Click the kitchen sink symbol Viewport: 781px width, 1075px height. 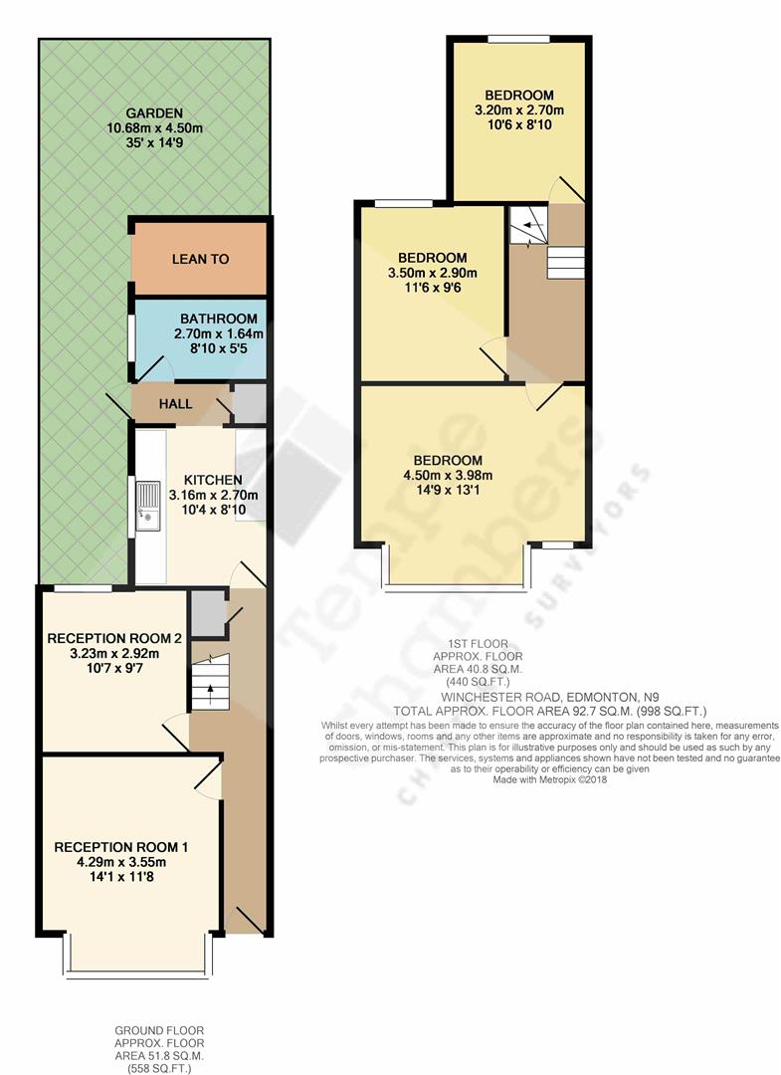tap(148, 503)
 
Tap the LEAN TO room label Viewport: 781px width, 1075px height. tap(200, 259)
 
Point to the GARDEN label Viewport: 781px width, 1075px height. tap(154, 112)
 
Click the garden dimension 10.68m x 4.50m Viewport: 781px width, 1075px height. tap(154, 127)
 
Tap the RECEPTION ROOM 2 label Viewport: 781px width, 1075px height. tap(114, 638)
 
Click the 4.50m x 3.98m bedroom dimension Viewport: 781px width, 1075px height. tap(448, 475)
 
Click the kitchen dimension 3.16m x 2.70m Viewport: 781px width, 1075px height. tap(213, 495)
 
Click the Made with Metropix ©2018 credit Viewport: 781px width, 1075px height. tap(549, 780)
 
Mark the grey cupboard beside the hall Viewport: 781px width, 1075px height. tap(250, 403)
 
